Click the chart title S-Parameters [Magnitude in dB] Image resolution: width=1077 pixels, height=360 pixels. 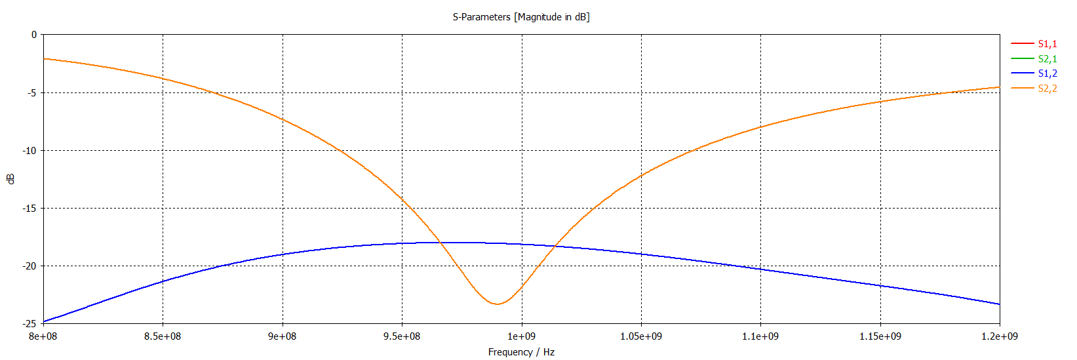(521, 17)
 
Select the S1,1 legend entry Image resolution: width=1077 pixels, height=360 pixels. (1047, 44)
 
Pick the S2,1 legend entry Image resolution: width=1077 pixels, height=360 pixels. (1047, 59)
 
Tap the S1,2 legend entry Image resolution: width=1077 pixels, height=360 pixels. (1047, 73)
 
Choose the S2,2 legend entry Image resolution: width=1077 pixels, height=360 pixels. (1047, 89)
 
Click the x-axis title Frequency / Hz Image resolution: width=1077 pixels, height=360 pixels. (521, 352)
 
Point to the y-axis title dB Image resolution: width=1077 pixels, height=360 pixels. (10, 179)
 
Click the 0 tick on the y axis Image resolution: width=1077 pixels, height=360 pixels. (34, 35)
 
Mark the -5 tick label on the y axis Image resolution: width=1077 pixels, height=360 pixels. (31, 93)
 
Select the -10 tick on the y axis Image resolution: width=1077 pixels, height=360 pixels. (29, 151)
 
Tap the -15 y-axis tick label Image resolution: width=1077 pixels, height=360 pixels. (29, 209)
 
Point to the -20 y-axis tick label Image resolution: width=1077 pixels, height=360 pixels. (29, 266)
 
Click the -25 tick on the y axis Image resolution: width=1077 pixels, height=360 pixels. (29, 324)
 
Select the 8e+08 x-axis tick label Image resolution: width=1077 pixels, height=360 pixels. (43, 336)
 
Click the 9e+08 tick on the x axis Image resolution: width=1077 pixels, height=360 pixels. (283, 336)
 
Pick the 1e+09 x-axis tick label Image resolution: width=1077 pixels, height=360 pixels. (522, 336)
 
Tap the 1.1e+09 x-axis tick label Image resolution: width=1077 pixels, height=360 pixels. (760, 336)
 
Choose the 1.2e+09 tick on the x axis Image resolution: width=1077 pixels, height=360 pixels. (1000, 336)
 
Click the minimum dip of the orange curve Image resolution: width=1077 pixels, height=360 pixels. (498, 304)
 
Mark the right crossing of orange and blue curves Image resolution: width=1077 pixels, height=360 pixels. (555, 246)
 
